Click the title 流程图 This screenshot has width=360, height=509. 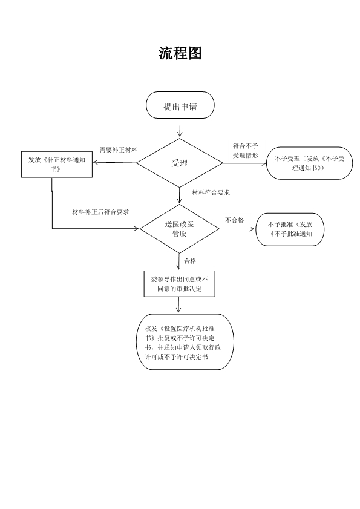click(180, 53)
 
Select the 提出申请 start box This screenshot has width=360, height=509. click(180, 106)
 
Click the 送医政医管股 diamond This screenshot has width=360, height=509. click(180, 228)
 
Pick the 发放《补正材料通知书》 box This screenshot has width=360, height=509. click(56, 164)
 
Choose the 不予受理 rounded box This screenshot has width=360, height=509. click(310, 163)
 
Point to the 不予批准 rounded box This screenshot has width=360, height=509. click(290, 229)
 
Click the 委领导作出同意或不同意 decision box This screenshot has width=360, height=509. click(179, 284)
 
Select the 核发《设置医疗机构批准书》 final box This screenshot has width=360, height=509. click(177, 341)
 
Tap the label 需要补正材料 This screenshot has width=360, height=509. click(118, 149)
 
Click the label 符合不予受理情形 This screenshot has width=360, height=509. click(246, 150)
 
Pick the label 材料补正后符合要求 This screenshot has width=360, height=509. click(100, 212)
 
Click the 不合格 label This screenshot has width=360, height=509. click(235, 220)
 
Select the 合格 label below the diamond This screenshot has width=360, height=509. click(190, 261)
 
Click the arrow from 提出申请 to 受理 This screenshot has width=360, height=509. click(180, 128)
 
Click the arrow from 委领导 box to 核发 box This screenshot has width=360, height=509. click(178, 305)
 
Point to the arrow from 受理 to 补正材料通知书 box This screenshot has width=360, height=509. click(114, 163)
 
